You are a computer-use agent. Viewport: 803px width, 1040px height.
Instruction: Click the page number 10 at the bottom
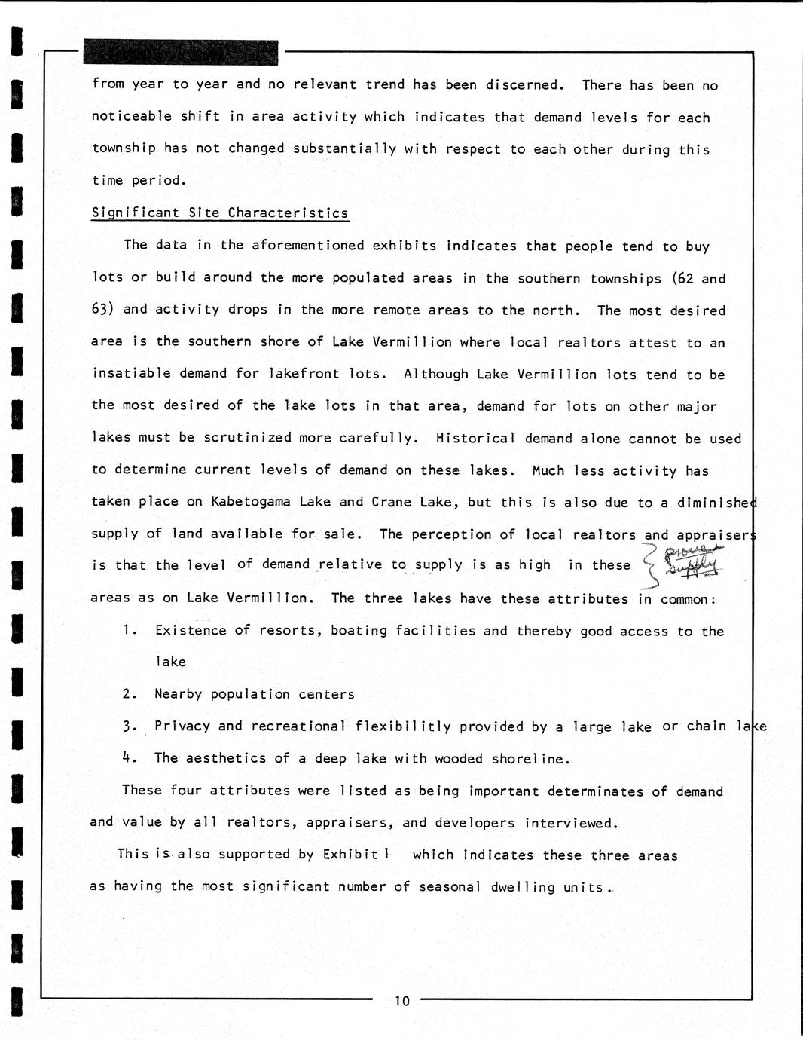401,1001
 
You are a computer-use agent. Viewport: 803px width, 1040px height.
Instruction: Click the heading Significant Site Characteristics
220,213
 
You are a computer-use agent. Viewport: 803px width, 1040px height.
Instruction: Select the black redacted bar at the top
181,52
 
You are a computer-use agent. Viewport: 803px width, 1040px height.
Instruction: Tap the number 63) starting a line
103,310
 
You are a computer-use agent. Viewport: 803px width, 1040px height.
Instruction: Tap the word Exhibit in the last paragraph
350,855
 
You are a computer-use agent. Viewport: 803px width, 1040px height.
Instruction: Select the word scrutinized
248,438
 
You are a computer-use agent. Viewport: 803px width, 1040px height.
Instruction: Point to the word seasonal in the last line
450,887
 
